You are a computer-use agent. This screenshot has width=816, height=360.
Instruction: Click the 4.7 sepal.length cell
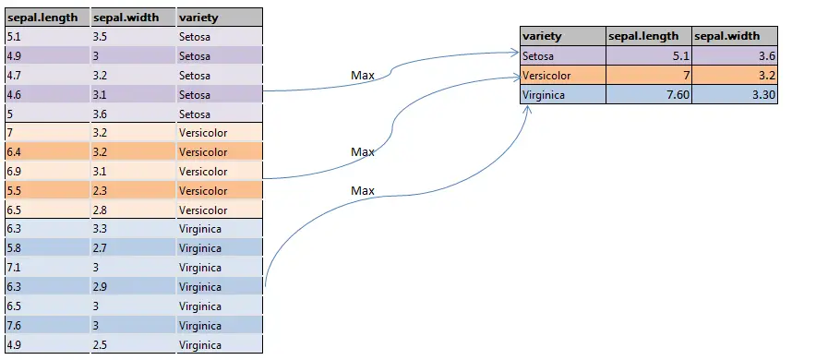click(x=46, y=76)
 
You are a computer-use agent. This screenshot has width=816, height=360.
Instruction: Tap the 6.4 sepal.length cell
click(x=46, y=152)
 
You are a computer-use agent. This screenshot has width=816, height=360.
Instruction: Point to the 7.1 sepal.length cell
click(x=46, y=268)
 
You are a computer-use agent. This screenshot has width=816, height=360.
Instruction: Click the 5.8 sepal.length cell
click(x=46, y=248)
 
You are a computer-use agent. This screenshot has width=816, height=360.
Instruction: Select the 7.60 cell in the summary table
click(x=648, y=95)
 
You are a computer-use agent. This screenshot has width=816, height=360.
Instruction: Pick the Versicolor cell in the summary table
click(x=562, y=76)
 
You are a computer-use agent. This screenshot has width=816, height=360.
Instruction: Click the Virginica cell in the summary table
click(x=562, y=95)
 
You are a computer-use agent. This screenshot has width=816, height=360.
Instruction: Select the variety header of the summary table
click(x=562, y=37)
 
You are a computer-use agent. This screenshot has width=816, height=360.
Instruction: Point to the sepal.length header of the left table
click(x=46, y=18)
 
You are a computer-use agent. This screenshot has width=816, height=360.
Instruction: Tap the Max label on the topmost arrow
click(x=363, y=75)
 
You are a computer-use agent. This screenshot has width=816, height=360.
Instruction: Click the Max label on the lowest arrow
click(x=363, y=190)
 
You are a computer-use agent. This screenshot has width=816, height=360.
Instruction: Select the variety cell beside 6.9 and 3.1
click(x=219, y=172)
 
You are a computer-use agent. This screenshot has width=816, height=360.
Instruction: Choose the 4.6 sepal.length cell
click(x=46, y=95)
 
